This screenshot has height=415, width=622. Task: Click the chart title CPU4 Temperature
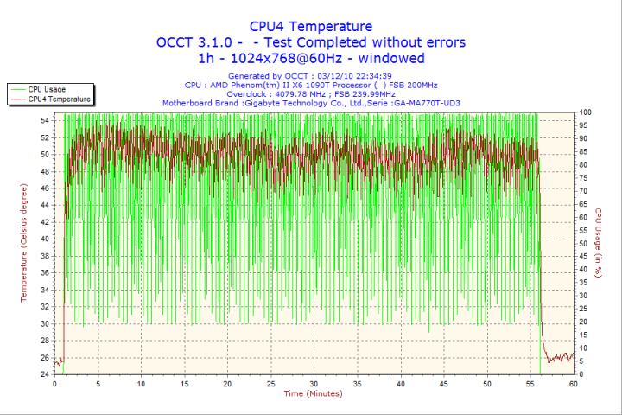tap(311, 26)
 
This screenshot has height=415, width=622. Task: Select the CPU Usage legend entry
tap(47, 89)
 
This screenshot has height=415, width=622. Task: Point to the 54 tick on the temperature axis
tap(45, 121)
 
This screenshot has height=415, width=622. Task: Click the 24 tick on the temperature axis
tap(45, 374)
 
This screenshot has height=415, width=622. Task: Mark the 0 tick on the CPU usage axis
tap(581, 374)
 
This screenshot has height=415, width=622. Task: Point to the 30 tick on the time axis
tap(314, 384)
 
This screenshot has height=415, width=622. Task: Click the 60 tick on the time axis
tap(573, 384)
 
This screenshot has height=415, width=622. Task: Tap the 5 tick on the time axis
tap(98, 384)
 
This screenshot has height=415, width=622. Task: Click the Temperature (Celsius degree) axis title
tap(24, 243)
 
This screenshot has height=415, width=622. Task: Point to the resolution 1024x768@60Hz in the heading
tap(285, 59)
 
